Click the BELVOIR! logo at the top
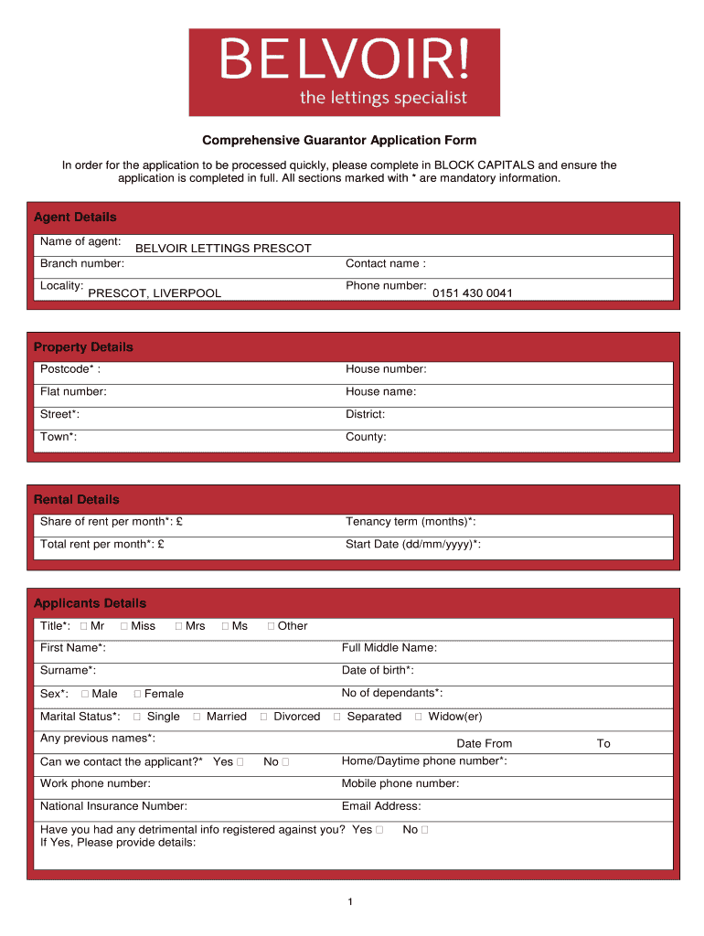coord(344,71)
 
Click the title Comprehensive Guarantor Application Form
coord(339,141)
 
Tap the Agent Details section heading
coord(75,218)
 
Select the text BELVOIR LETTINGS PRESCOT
coord(223,249)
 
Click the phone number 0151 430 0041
coord(473,293)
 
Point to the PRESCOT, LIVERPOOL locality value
coord(155,293)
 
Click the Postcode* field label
coord(70,369)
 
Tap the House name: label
coord(380,392)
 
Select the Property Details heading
coord(83,347)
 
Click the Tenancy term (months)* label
coord(411,522)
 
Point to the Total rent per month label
coord(102,545)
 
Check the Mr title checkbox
coord(84,627)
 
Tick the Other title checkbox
coord(271,627)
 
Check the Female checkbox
coord(137,695)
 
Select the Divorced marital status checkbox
coord(264,718)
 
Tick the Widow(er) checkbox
coord(419,718)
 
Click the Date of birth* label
coord(378,671)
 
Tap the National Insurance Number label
coord(113,806)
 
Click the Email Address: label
coord(381,806)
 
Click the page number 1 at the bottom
coord(350,903)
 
